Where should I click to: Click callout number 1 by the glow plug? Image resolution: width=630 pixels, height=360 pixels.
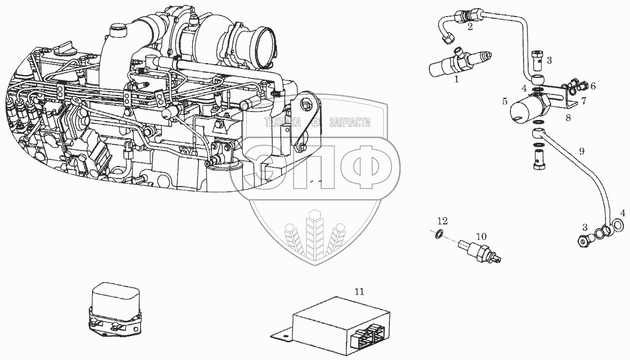[x=455, y=80]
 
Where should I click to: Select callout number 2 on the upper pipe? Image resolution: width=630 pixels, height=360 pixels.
[x=470, y=27]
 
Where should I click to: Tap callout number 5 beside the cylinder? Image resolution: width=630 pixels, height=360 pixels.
[x=504, y=102]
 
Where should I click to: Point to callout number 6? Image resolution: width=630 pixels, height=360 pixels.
[x=592, y=86]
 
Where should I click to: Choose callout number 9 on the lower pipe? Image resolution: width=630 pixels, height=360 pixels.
[x=581, y=151]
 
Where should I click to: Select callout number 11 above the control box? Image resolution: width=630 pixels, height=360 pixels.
[x=359, y=291]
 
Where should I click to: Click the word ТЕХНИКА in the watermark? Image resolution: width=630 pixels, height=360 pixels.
[x=283, y=122]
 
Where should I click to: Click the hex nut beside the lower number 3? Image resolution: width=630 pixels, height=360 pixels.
[x=583, y=241]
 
